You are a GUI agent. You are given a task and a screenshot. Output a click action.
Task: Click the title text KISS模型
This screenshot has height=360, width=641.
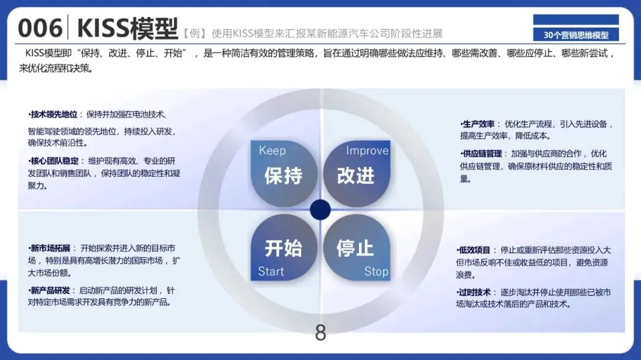[x=127, y=28]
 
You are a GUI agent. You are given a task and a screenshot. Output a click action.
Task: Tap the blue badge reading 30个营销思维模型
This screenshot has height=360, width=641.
[x=576, y=35]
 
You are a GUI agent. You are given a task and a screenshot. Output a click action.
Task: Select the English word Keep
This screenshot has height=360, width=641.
[x=272, y=151]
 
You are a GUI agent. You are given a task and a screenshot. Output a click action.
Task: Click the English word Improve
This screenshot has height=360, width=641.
[x=367, y=151]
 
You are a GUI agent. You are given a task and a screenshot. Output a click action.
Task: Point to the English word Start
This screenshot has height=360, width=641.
[x=271, y=272]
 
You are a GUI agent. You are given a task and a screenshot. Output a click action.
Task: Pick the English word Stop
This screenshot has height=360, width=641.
[x=376, y=272]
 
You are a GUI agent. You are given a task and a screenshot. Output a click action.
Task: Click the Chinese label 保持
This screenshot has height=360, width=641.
[x=283, y=176]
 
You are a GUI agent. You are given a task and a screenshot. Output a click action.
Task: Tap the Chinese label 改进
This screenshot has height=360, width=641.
[x=356, y=176]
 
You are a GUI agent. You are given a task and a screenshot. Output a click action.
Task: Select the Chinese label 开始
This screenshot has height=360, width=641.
[x=283, y=248]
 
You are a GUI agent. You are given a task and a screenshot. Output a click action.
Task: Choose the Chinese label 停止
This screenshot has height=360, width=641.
[x=355, y=248]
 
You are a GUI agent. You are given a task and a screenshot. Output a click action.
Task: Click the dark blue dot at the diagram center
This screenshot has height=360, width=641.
[x=320, y=209]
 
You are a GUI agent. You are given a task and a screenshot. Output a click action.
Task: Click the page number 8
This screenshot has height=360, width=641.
[x=320, y=333]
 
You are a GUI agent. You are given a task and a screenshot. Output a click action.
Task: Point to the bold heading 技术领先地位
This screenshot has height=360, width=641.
[x=55, y=114]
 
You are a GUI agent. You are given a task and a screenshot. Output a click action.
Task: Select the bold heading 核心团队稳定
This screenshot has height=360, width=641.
[x=55, y=161]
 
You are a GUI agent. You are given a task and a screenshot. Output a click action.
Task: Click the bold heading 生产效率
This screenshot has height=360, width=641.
[x=478, y=124]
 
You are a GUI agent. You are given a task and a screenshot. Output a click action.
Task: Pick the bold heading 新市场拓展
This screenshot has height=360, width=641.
[x=50, y=247]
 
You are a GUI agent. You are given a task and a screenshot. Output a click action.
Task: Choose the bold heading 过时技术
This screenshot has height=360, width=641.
[x=475, y=292]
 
